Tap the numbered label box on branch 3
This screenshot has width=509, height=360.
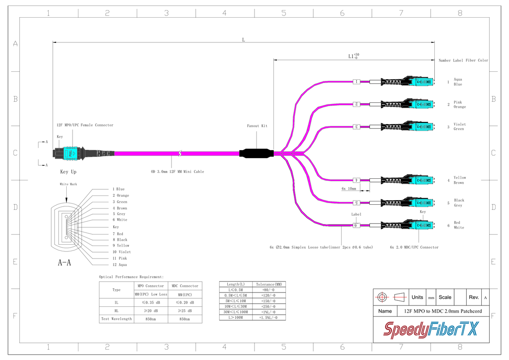coord(357,126)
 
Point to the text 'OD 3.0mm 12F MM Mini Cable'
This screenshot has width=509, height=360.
coord(177,172)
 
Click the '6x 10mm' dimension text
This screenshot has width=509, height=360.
coord(348,189)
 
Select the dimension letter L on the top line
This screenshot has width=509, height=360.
coord(243,40)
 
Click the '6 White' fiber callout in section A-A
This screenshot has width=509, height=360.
coord(119,220)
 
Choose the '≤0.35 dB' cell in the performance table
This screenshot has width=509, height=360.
coord(151,303)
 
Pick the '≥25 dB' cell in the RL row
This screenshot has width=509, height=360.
coord(184,311)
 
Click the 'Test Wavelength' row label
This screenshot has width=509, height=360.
coord(116,319)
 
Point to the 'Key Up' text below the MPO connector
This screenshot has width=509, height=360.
coord(68,172)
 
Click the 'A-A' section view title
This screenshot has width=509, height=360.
coord(64,263)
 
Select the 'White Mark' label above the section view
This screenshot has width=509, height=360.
coord(68,184)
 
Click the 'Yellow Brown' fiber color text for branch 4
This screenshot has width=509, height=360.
coord(459,180)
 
